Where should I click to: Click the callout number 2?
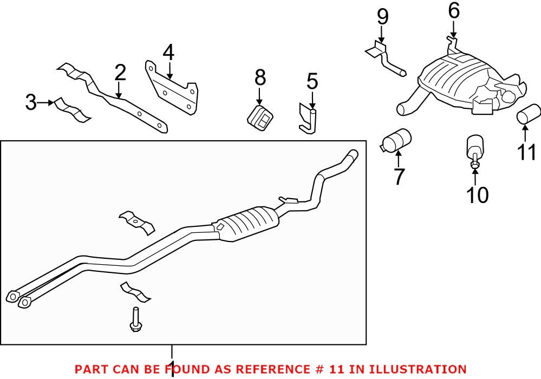[x=120, y=73]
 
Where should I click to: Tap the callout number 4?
[x=168, y=53]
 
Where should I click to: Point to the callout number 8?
[x=260, y=78]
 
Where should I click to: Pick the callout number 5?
[x=312, y=82]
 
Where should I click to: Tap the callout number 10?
[x=477, y=194]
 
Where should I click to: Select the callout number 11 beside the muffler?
[x=526, y=152]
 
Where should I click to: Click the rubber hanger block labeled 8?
[x=260, y=119]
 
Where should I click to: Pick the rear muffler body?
[x=460, y=84]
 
